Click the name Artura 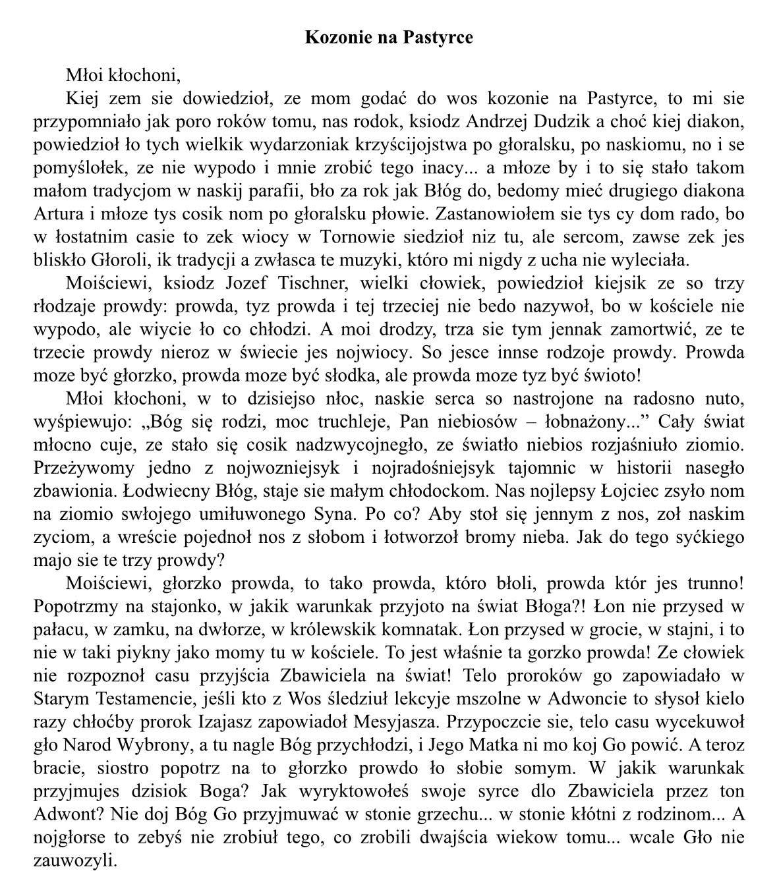tap(55, 213)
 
